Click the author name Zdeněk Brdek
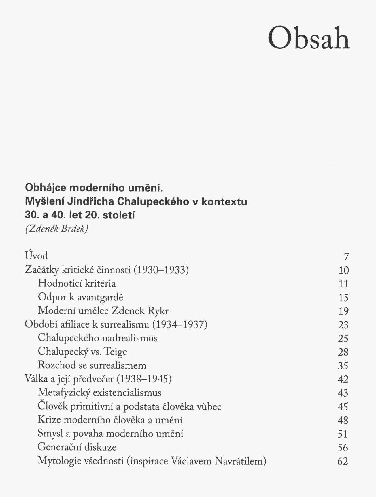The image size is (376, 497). pos(56,229)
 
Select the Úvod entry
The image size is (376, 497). pos(36,256)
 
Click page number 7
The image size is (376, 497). pos(346,257)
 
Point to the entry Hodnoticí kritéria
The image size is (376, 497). pos(77,283)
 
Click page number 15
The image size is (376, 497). pos(343,298)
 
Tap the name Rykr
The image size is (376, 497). pos(158,311)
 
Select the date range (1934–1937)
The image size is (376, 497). pos(180,324)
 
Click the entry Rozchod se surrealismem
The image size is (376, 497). pos(92,365)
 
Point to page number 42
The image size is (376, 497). pos(343,379)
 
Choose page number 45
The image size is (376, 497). pos(343,407)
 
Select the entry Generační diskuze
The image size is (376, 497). pos(77,447)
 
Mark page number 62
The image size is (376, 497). pos(343,461)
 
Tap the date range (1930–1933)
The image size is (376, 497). pos(161,270)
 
